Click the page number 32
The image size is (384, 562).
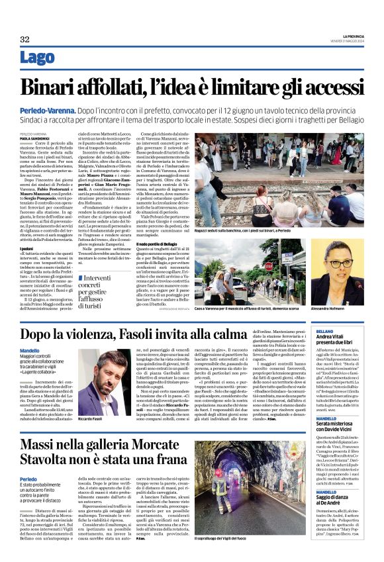[x=24, y=40]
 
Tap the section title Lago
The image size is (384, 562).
[x=38, y=59]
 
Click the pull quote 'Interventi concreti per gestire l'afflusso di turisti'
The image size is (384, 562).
[x=106, y=285]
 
